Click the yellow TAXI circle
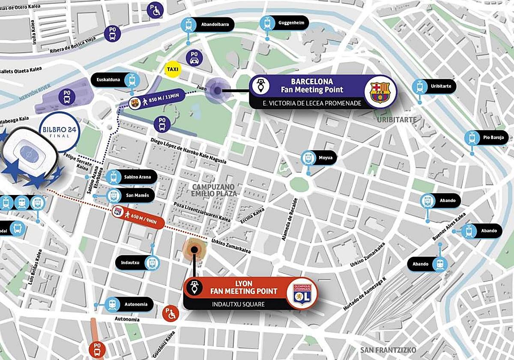pos(173,69)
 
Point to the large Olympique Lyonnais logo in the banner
pos(302,293)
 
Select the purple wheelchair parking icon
pos(155,9)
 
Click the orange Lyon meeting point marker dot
pos(195,249)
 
